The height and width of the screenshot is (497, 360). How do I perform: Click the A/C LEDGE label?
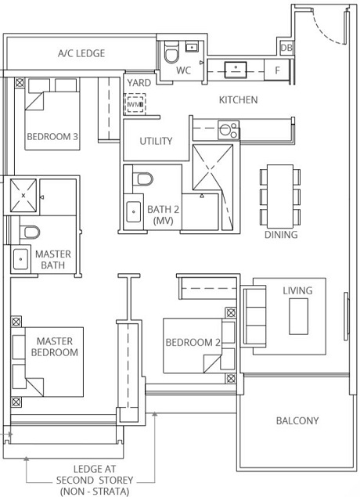81,53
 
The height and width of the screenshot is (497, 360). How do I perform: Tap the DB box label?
286,48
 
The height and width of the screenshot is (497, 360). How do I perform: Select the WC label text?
184,70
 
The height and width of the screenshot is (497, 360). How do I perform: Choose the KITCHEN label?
238,100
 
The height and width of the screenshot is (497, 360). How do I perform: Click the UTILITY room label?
156,142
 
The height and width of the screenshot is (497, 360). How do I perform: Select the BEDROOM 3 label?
52,136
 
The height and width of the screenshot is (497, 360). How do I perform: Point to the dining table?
279,193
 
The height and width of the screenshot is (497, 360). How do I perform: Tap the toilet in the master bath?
29,232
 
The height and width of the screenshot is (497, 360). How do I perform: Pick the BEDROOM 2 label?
193,342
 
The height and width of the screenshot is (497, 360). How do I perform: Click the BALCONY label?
297,421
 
